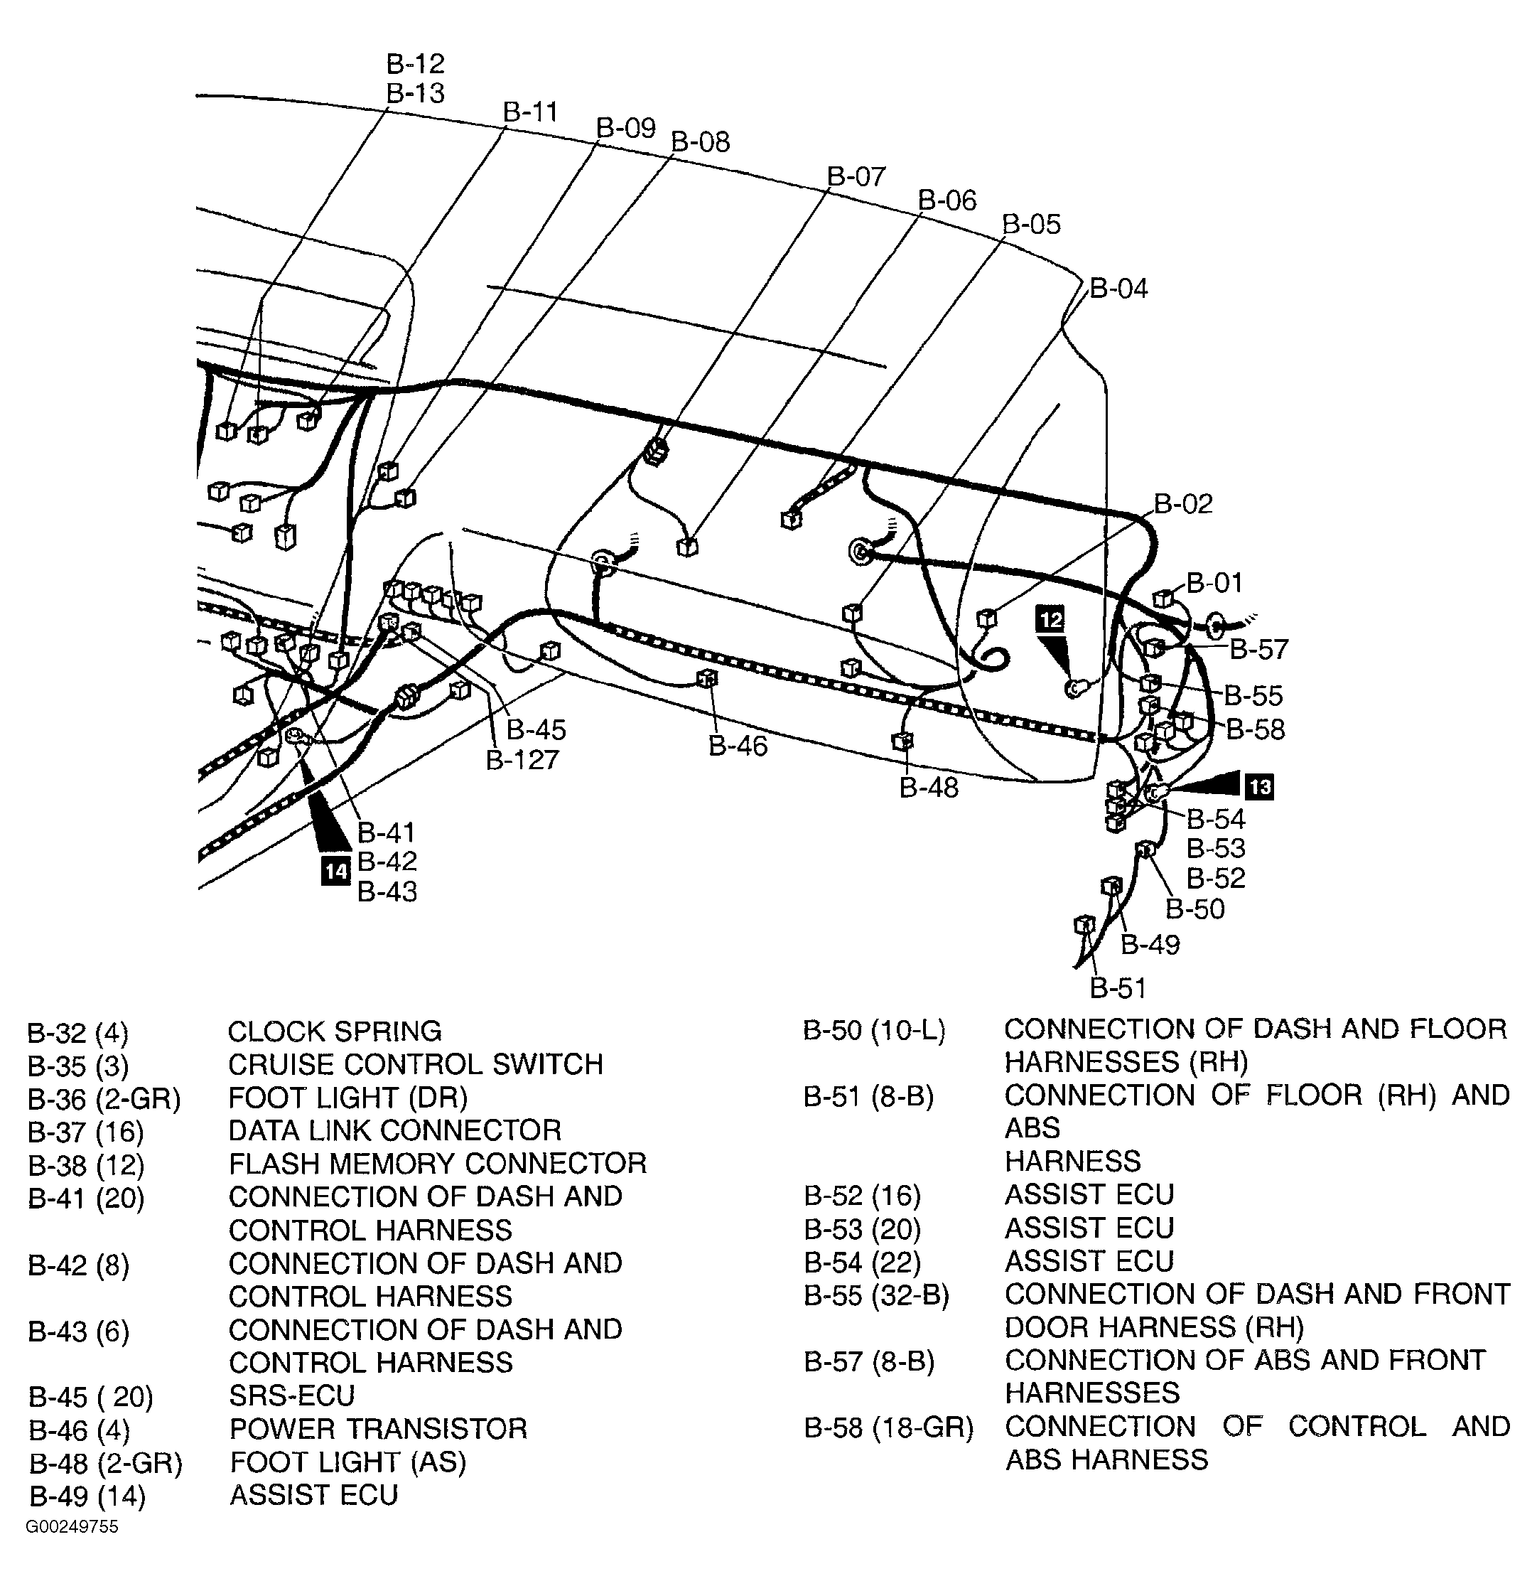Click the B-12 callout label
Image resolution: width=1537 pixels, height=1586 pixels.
point(415,64)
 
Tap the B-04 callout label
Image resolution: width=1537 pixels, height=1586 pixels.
point(1118,289)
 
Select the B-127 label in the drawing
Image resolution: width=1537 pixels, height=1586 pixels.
point(522,760)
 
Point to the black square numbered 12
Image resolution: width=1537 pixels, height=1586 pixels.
point(1050,619)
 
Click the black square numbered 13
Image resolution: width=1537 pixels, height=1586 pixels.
point(1260,786)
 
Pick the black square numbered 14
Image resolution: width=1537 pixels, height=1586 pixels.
point(335,871)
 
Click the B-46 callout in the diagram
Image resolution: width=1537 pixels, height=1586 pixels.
point(738,746)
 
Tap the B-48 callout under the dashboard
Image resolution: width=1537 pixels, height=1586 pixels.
point(929,788)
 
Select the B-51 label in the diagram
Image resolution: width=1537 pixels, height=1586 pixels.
point(1118,988)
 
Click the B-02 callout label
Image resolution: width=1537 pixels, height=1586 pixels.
point(1182,504)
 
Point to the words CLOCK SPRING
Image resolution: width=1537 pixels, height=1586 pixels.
point(334,1032)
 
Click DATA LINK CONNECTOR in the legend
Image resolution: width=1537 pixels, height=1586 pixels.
point(395,1130)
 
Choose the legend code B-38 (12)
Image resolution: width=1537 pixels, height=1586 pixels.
point(86,1165)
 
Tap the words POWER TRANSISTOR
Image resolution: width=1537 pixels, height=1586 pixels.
point(378,1429)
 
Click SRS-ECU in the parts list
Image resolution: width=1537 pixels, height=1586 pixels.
point(292,1396)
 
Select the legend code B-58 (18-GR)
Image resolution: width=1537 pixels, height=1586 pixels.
point(888,1428)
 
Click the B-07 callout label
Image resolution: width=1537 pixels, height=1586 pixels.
point(856,176)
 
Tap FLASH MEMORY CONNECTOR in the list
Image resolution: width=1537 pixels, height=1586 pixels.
point(437,1164)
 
